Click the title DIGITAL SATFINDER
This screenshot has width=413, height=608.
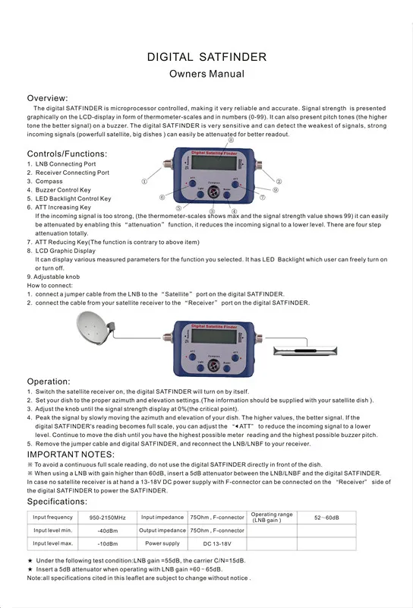(206, 57)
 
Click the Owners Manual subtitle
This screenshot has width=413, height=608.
(206, 74)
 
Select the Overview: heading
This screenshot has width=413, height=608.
(48, 99)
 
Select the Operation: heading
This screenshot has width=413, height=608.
(49, 381)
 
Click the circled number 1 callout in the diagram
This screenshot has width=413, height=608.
(144, 182)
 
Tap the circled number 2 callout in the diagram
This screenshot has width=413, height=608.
(279, 182)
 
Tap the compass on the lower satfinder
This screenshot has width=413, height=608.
(214, 366)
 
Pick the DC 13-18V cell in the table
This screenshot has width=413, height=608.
(218, 543)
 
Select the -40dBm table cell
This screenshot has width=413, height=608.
(109, 530)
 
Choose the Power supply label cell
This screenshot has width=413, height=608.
(162, 543)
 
